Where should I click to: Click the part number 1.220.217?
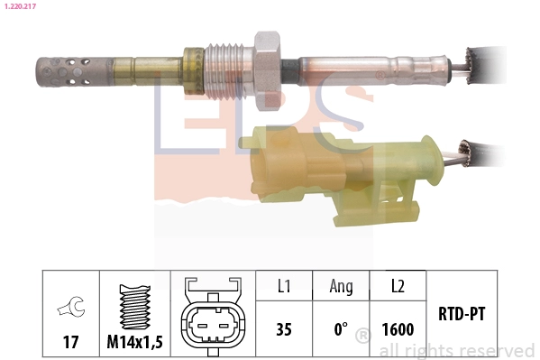pyautogui.click(x=22, y=7)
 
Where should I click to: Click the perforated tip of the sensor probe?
pyautogui.click(x=59, y=69)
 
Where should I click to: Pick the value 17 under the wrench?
pyautogui.click(x=69, y=342)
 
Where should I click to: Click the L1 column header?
pyautogui.click(x=284, y=286)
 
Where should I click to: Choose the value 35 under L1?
pyautogui.click(x=284, y=329)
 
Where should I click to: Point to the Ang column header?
pyautogui.click(x=341, y=286)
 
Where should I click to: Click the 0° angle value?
pyautogui.click(x=341, y=329)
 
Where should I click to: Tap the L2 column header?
pyautogui.click(x=397, y=286)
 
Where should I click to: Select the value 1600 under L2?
pyautogui.click(x=397, y=329)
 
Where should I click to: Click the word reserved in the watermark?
pyautogui.click(x=497, y=350)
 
